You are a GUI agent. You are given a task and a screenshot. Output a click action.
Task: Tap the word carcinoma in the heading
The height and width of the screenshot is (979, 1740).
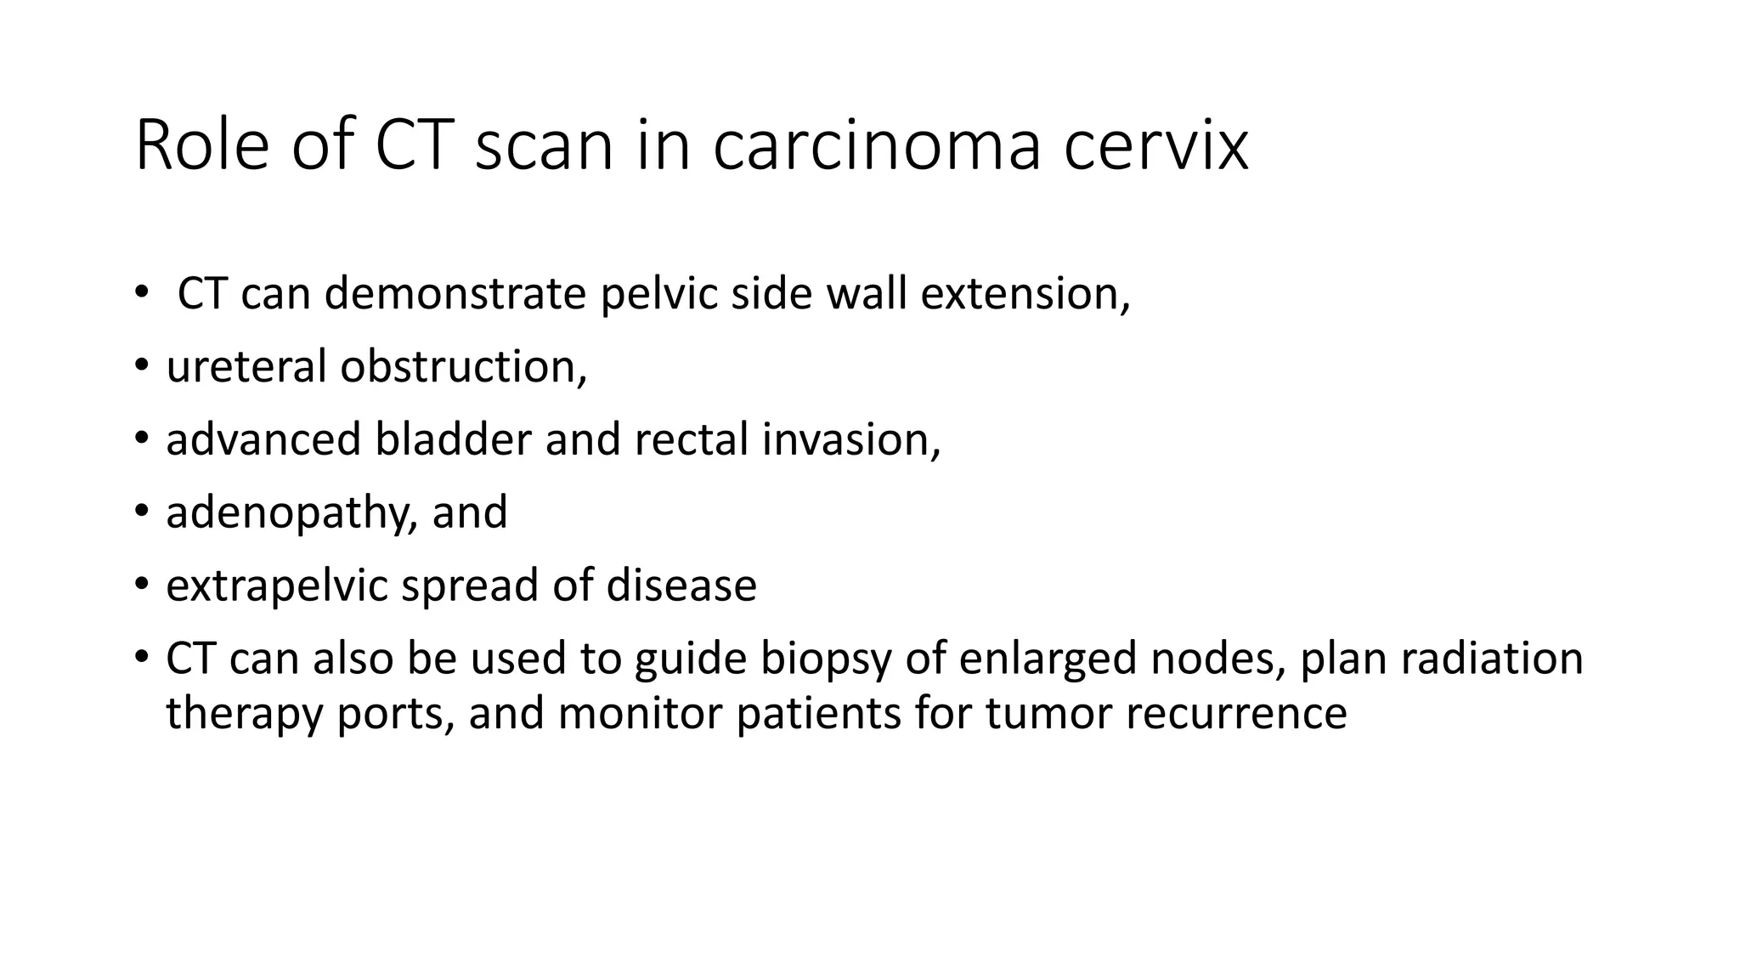click(x=877, y=146)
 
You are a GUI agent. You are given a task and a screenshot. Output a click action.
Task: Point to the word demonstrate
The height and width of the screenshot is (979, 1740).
click(x=455, y=294)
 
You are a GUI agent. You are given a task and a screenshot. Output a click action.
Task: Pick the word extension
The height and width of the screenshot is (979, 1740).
click(x=1025, y=294)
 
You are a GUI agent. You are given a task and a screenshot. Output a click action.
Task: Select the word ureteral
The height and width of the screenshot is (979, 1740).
click(x=246, y=367)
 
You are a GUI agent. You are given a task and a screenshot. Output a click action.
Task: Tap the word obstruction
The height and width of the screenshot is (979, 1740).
click(x=464, y=367)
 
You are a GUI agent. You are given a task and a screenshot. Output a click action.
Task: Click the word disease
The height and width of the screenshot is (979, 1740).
click(x=681, y=586)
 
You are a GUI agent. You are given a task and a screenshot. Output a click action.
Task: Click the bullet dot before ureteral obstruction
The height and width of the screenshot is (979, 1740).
click(x=141, y=367)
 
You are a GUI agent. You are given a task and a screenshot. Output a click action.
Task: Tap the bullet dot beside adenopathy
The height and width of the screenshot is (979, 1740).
click(x=141, y=512)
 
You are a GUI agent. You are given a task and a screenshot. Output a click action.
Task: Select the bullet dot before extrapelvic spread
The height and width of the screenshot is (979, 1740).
click(x=141, y=586)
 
